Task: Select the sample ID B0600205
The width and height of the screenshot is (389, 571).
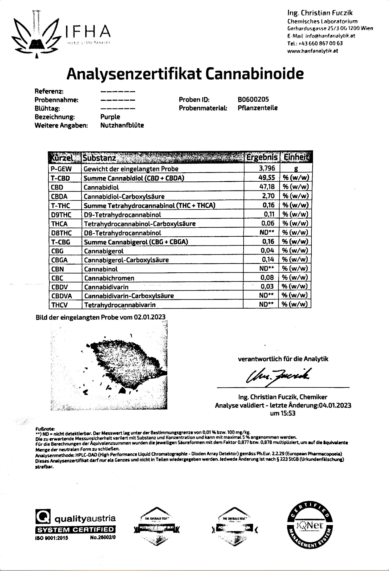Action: point(253,100)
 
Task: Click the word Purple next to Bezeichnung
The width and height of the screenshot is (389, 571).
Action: point(110,117)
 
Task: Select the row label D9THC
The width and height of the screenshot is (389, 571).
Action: point(61,215)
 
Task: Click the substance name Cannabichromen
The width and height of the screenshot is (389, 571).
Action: point(109,278)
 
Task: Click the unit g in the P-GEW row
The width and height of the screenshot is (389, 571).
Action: point(296,169)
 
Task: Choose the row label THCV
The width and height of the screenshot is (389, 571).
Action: point(59,305)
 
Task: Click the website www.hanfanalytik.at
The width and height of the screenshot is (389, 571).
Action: point(312,51)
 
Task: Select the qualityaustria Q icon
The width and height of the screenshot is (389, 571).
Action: point(43,518)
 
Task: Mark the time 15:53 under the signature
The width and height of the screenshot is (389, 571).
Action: point(288,413)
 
